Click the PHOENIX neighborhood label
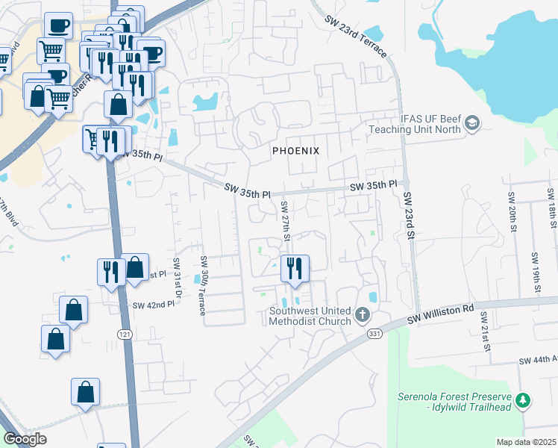pyautogui.click(x=295, y=151)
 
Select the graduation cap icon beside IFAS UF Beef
pyautogui.click(x=471, y=123)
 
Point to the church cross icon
pyautogui.click(x=363, y=314)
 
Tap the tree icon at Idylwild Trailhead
pyautogui.click(x=524, y=401)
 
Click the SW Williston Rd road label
pyautogui.click(x=441, y=314)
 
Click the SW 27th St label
pyautogui.click(x=284, y=220)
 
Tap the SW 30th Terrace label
pyautogui.click(x=202, y=285)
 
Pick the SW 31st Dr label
pyautogui.click(x=178, y=278)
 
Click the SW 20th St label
pyautogui.click(x=512, y=211)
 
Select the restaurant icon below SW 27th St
pyautogui.click(x=295, y=268)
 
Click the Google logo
pyautogui.click(x=25, y=439)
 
